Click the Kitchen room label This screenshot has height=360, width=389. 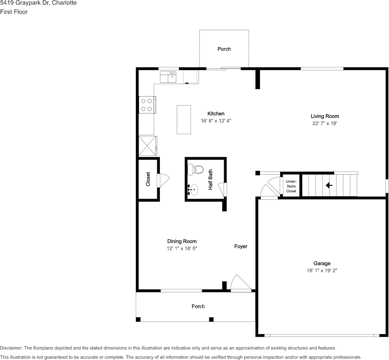pos(216,113)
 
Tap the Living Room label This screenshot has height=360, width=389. pos(325,116)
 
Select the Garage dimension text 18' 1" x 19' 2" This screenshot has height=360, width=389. pos(322,271)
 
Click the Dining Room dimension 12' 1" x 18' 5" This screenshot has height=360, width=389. pos(182,248)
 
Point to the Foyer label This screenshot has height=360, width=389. pos(241,247)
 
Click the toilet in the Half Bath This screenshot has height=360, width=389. pos(196,169)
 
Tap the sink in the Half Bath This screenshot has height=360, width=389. pos(193,188)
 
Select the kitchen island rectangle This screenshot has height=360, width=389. pos(184,119)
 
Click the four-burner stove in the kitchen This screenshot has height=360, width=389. pos(147,105)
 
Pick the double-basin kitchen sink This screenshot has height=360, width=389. pos(168,77)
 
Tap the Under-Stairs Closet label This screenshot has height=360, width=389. pos(291,186)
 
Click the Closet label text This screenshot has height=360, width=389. pos(148,179)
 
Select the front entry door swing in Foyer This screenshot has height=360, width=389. pos(241,284)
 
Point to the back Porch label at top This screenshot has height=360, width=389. pos(224,49)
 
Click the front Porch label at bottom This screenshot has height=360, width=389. pos(198,306)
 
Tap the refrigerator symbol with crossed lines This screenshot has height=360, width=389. pos(147,146)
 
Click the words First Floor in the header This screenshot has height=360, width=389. pos(14,12)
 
